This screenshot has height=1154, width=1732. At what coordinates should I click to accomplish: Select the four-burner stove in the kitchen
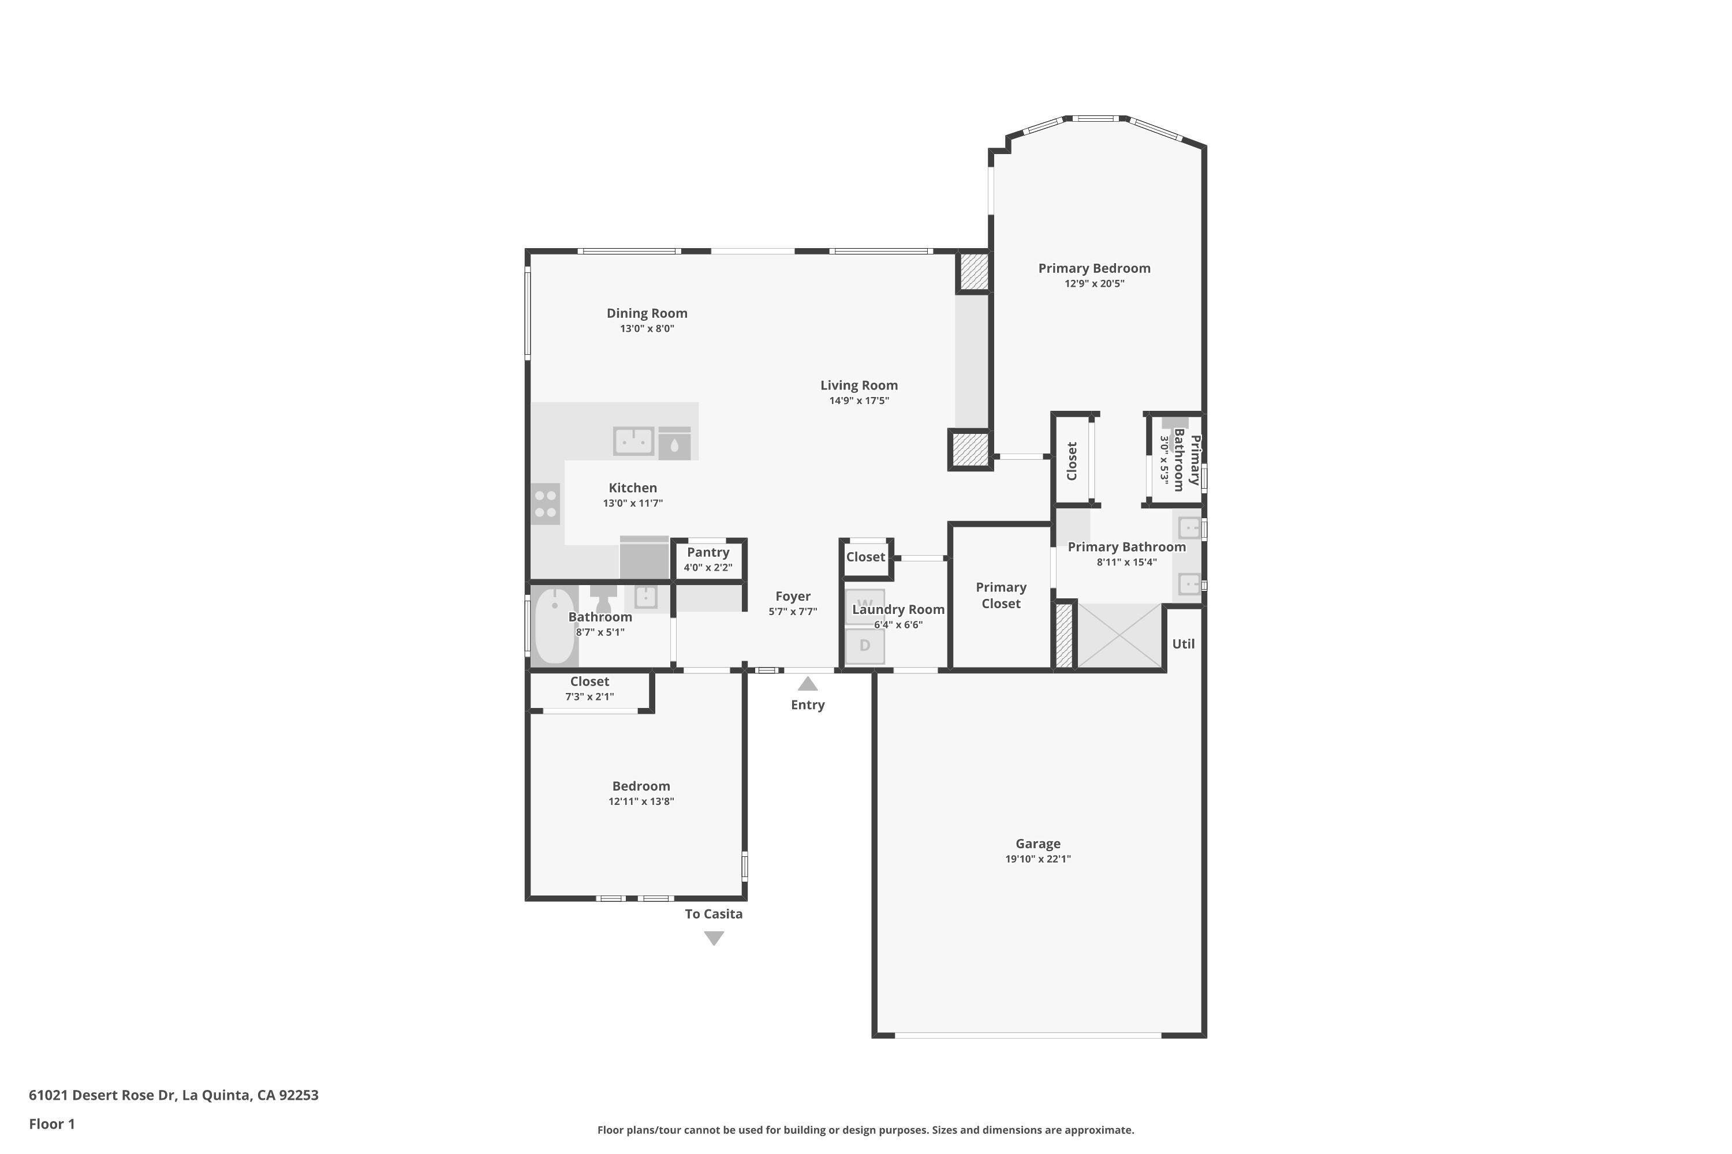[546, 504]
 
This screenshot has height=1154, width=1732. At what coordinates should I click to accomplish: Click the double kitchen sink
[634, 441]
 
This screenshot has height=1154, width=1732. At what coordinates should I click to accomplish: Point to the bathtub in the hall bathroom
[554, 626]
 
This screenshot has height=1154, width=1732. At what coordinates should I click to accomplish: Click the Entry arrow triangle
[808, 684]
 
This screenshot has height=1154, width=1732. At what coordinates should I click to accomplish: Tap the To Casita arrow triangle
[714, 938]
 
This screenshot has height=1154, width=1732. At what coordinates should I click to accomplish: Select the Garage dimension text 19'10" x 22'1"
[1038, 859]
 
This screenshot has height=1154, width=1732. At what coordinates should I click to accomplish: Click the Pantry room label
[708, 552]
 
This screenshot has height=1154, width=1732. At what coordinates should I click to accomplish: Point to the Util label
[1184, 644]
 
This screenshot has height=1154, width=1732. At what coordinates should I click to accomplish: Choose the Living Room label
[860, 385]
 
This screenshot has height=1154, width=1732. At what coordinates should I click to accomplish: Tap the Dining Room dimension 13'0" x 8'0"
[647, 328]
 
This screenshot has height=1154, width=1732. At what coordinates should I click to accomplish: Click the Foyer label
[793, 596]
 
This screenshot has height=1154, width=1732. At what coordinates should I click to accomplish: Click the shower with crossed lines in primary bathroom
[1119, 636]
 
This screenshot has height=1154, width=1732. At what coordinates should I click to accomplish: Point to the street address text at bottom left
[174, 1095]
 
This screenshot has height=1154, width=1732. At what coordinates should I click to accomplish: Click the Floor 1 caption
[53, 1124]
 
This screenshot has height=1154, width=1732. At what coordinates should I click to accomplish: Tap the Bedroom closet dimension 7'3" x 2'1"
[590, 696]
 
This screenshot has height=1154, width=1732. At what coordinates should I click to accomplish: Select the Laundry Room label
[898, 609]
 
